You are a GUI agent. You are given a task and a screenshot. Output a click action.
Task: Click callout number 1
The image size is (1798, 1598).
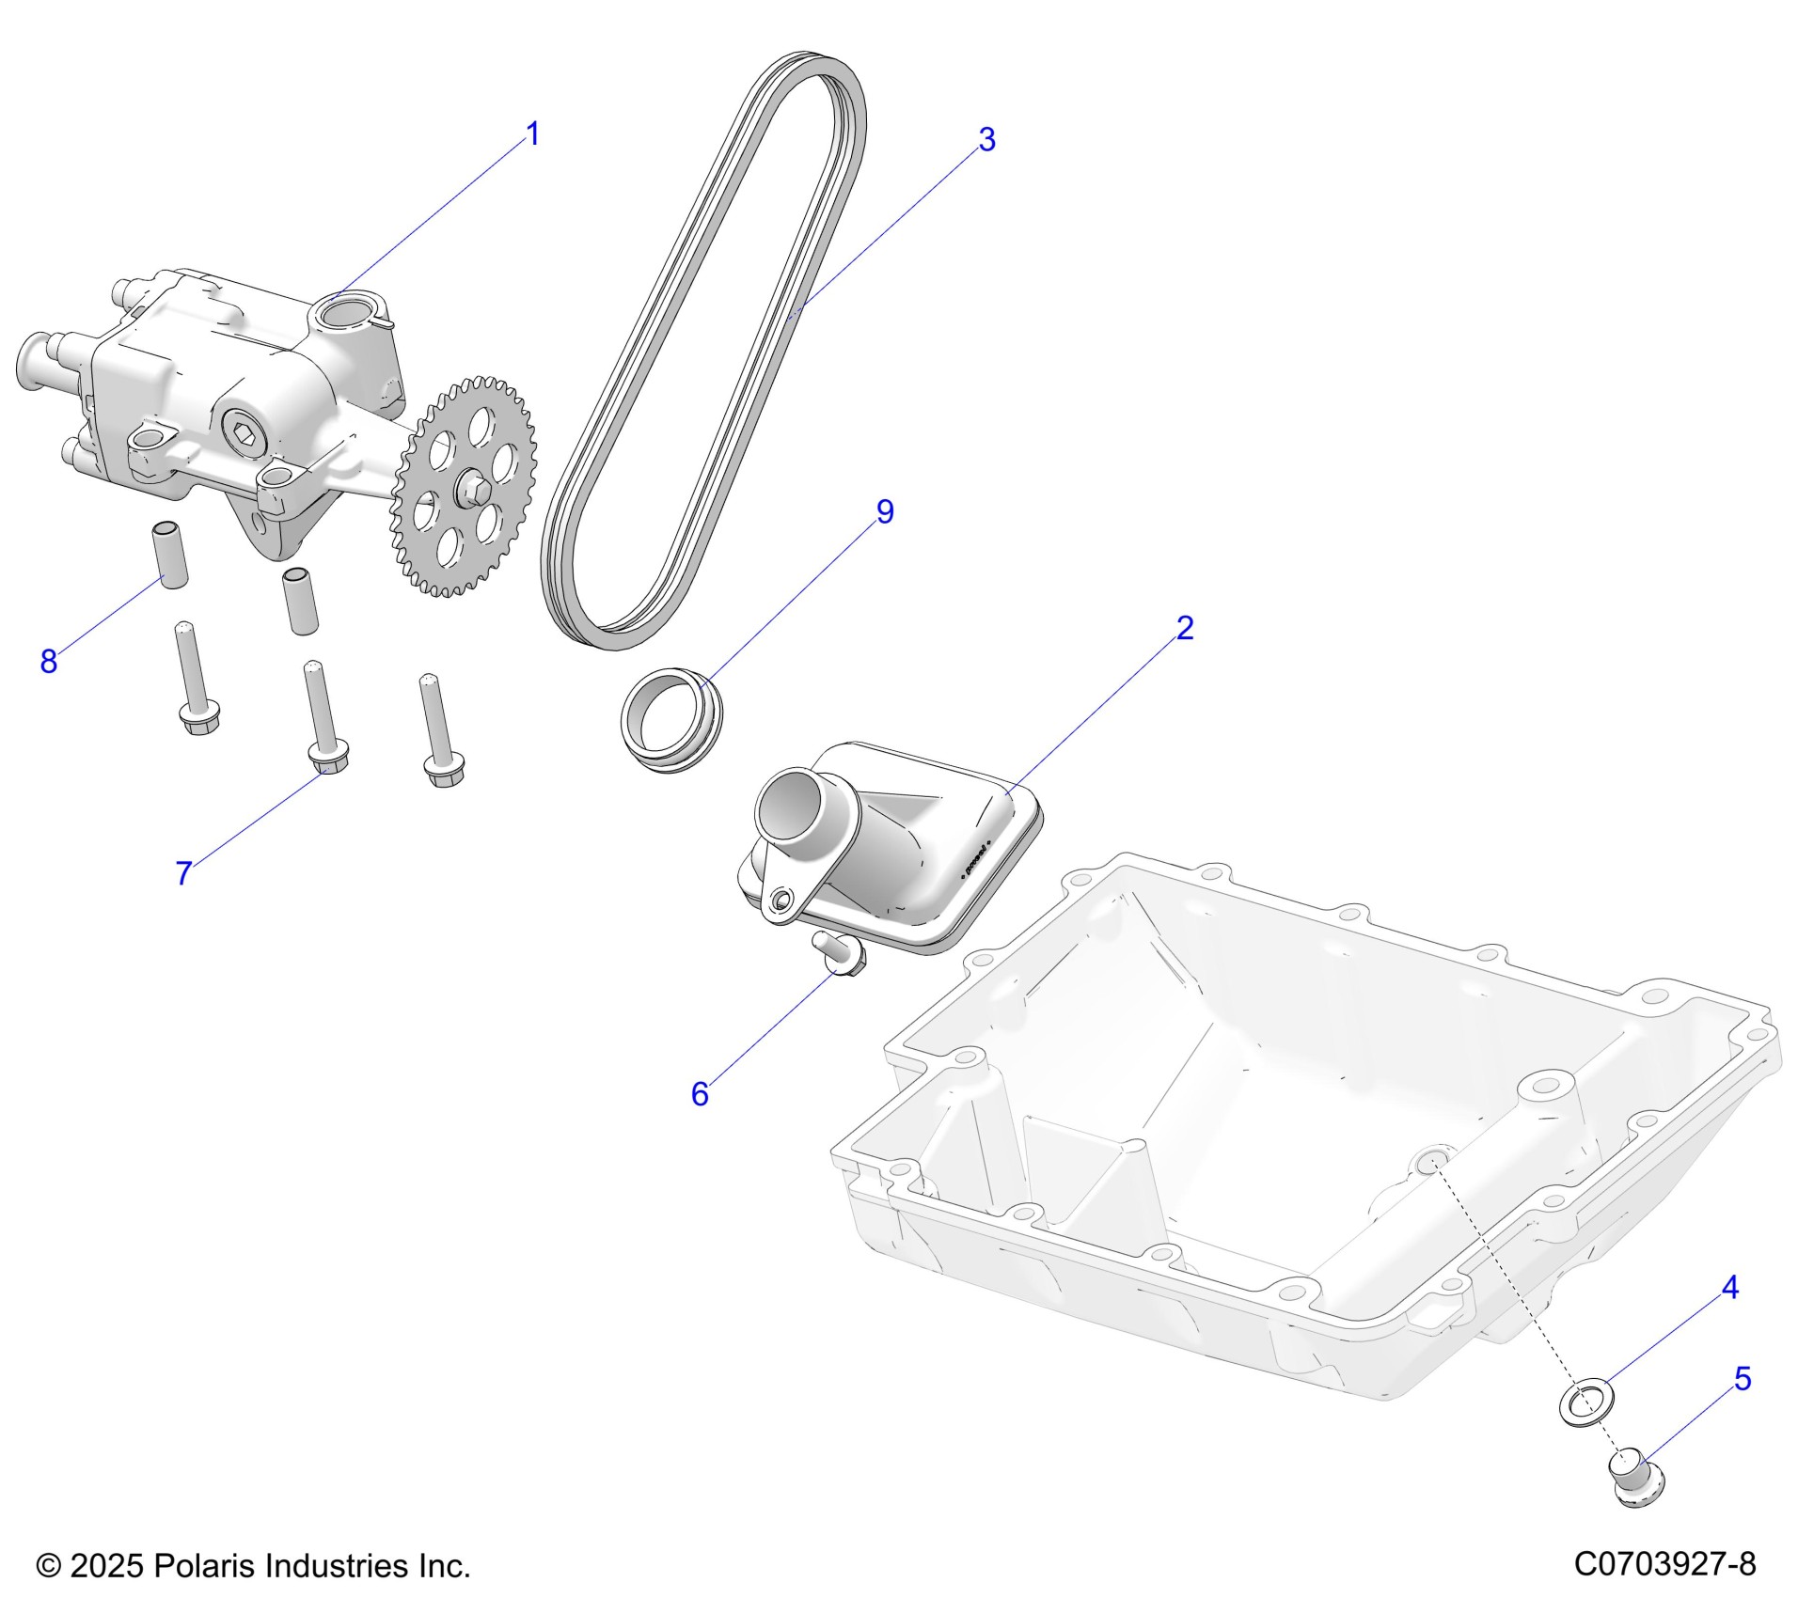pos(532,134)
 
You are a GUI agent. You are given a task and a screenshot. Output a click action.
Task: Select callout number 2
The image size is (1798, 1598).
pos(1184,628)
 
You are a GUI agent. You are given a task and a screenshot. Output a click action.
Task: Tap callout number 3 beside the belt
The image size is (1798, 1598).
pos(986,140)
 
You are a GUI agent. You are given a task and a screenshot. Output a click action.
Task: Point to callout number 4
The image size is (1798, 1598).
pos(1729,1287)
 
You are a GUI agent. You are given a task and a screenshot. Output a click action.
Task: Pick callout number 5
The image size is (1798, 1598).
pos(1743,1379)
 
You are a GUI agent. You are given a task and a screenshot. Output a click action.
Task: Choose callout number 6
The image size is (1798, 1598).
pos(699,1093)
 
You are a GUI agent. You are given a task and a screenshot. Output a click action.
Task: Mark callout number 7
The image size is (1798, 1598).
pos(183,873)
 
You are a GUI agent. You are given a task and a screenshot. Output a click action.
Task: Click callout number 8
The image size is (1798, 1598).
pos(49,662)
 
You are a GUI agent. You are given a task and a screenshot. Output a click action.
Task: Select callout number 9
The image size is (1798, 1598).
pos(884,512)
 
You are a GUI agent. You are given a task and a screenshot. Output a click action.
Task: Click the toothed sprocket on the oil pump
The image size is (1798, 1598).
pos(463,486)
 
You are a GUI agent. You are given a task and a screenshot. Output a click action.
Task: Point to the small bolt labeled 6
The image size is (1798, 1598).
pos(843,955)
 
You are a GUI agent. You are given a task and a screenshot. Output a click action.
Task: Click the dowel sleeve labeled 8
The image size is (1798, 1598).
pos(171,554)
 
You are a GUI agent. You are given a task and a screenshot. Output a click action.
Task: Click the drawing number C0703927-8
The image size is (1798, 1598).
pos(1664,1564)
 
